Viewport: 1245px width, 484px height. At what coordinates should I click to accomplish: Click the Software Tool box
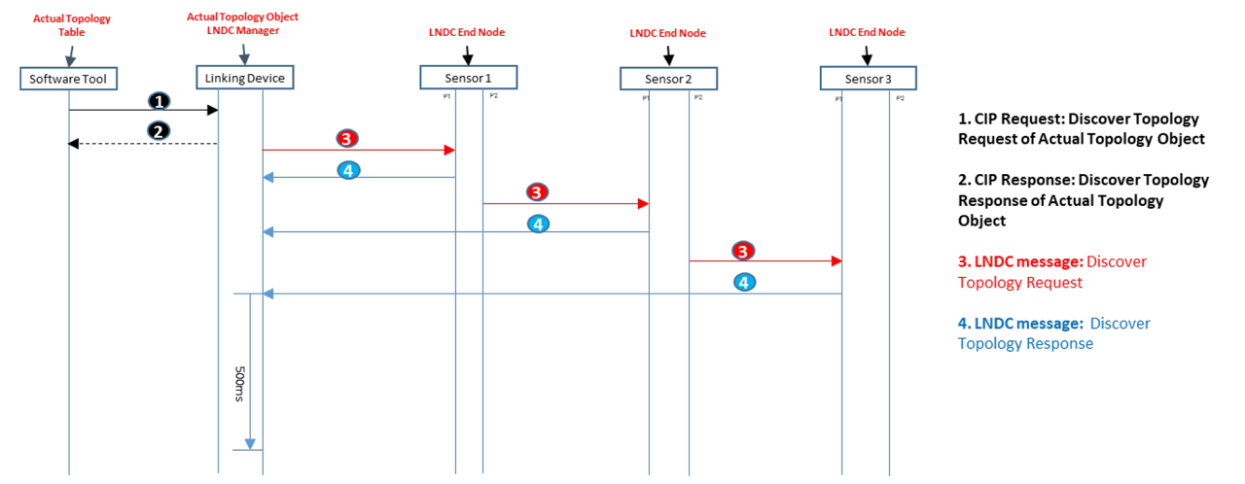[x=69, y=78]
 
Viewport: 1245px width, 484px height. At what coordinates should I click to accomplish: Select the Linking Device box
[x=244, y=78]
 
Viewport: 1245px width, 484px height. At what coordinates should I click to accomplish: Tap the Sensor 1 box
[x=468, y=77]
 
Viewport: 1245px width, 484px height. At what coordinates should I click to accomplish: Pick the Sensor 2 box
[x=668, y=78]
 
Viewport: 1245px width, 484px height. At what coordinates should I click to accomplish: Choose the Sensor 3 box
[x=868, y=78]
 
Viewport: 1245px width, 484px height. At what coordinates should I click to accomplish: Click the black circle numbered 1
[x=159, y=101]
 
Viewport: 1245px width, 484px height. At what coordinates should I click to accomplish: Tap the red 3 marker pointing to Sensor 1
[x=347, y=139]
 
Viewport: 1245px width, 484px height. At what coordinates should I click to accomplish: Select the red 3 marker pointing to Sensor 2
[x=536, y=192]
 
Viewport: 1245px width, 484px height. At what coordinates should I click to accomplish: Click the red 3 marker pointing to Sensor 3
[x=743, y=251]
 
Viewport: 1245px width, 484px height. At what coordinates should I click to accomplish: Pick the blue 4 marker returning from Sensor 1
[x=348, y=169]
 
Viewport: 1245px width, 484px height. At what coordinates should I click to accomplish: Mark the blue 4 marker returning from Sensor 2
[x=538, y=224]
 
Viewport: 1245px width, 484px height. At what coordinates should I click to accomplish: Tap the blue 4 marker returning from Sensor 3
[x=744, y=283]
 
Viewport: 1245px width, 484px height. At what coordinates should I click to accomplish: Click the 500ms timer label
[x=239, y=385]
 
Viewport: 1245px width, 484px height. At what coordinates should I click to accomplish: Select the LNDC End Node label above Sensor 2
[x=667, y=33]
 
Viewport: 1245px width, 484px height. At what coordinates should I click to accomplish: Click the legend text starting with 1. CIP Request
[x=1080, y=128]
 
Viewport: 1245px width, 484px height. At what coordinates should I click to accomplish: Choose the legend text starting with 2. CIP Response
[x=1083, y=200]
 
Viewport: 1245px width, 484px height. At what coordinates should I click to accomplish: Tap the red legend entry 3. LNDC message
[x=1052, y=272]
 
